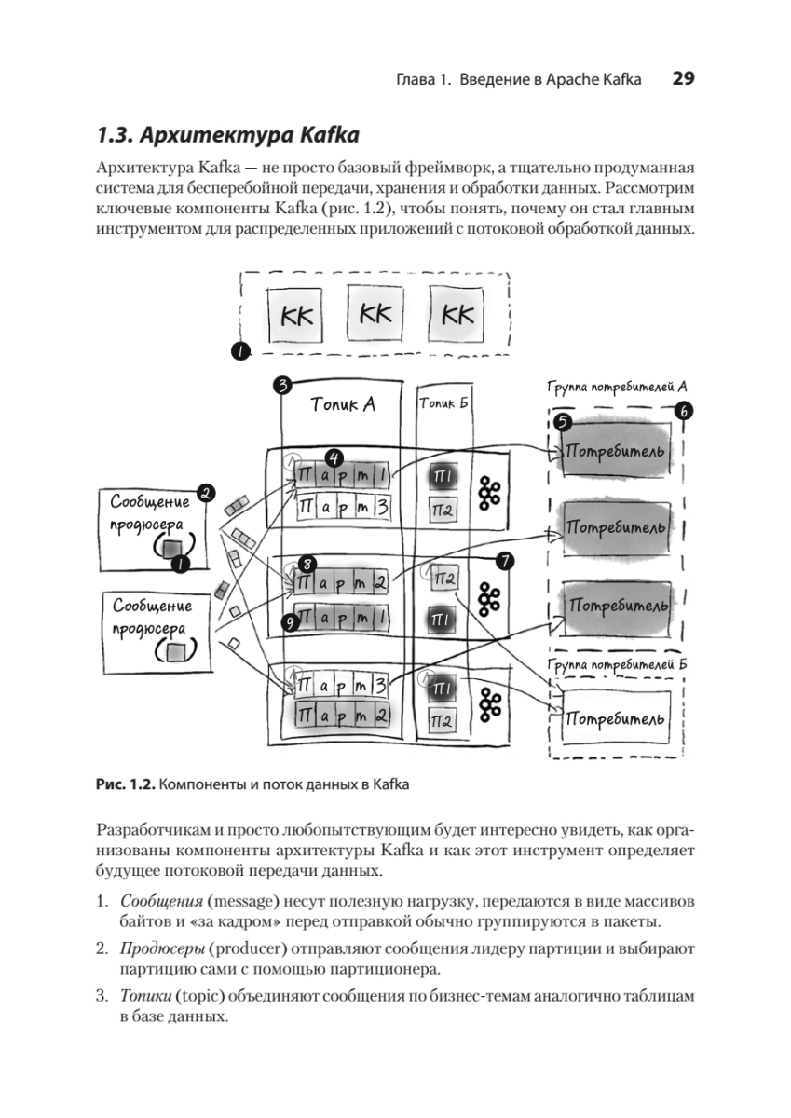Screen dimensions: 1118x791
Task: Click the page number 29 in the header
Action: coord(683,80)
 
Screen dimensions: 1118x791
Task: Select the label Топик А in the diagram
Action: coord(342,405)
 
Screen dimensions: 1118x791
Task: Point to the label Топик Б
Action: coord(444,402)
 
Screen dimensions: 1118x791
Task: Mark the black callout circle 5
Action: coord(562,422)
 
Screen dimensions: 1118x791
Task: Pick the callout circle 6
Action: coord(685,411)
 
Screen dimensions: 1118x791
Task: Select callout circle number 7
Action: coord(506,561)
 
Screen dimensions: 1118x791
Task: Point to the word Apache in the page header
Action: coord(574,81)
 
